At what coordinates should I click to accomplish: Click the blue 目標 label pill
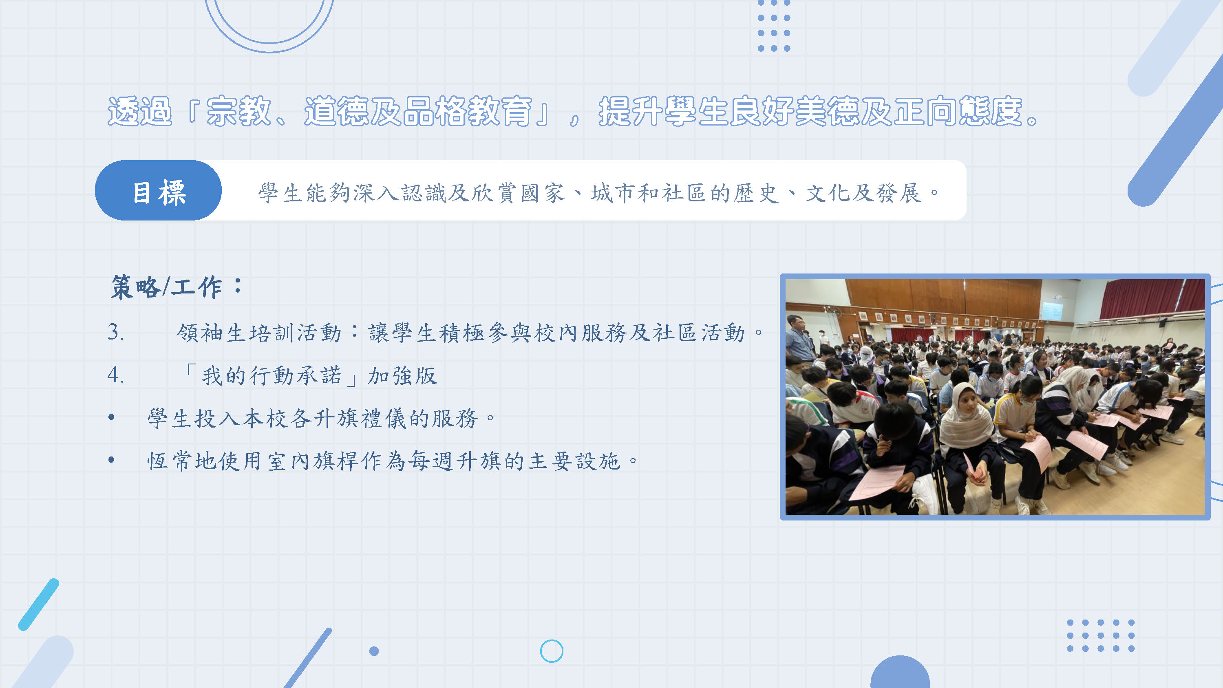coord(158,190)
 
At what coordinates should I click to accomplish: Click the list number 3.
coord(116,332)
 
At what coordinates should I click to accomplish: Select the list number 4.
coord(116,375)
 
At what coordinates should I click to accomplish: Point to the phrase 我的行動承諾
coord(271,375)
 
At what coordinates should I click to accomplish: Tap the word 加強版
coord(402,375)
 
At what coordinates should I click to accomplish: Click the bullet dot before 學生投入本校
coord(112,417)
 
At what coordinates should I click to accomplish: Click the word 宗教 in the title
coord(239,111)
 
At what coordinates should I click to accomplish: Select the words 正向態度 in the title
coord(958,111)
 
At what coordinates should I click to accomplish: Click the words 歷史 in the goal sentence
coord(755,193)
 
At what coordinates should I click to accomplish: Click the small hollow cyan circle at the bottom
coord(552,651)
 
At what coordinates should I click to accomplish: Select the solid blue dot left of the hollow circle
coord(374,651)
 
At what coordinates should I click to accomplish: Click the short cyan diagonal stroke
coord(38,604)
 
